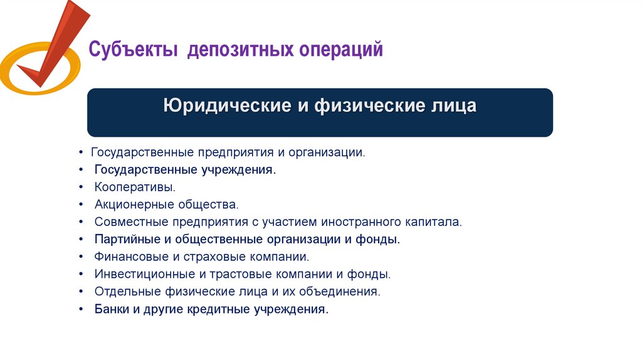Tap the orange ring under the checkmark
19,78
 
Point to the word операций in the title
342,50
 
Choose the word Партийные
122,240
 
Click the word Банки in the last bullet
110,310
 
